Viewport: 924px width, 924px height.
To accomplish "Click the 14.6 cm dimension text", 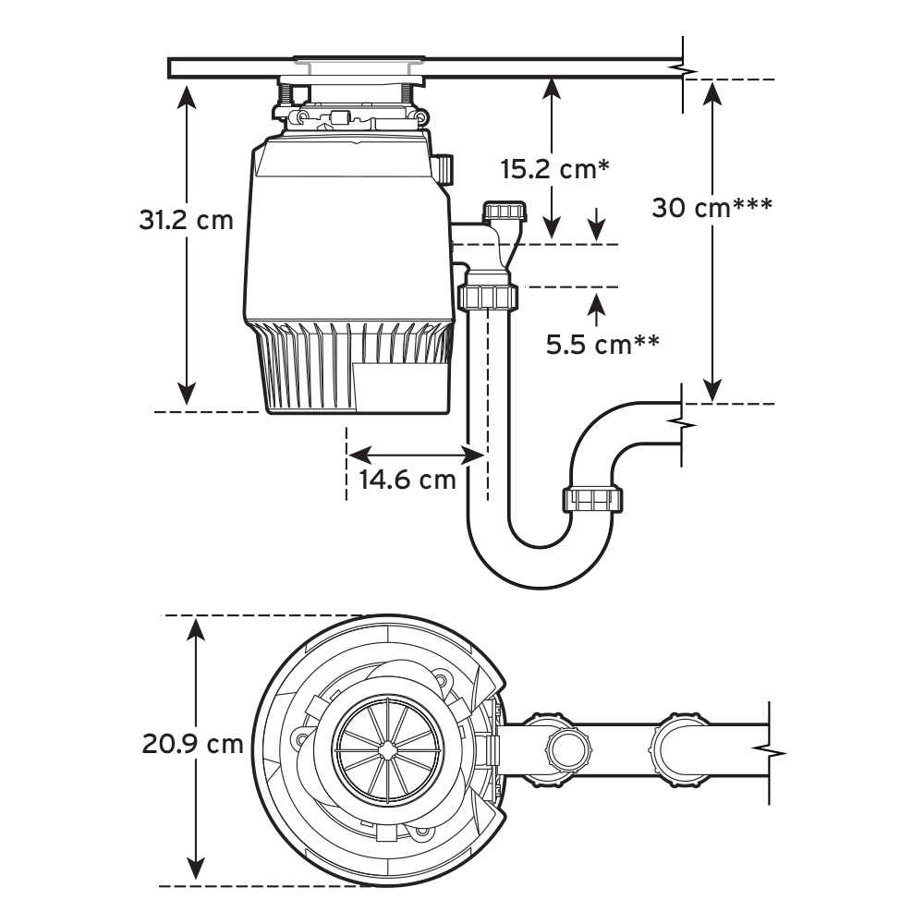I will (407, 480).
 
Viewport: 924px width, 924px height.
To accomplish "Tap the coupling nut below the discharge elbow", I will (487, 298).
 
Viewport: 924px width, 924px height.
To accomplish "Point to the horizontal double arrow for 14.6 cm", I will (416, 454).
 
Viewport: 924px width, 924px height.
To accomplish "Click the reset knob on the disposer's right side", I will (444, 170).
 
